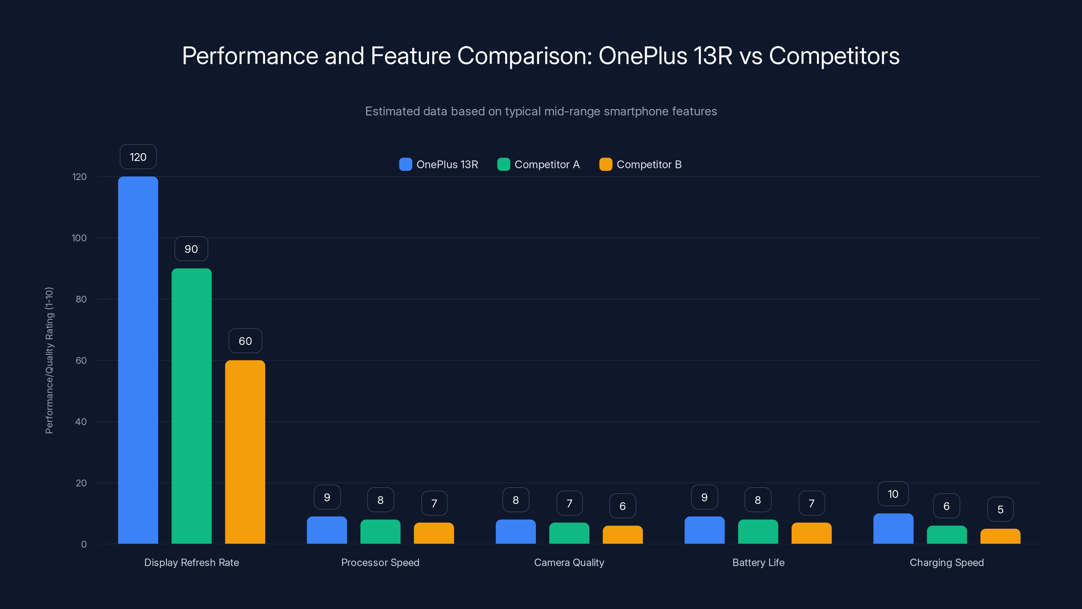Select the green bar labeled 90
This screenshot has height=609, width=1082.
point(191,406)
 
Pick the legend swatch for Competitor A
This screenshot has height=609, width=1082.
point(503,164)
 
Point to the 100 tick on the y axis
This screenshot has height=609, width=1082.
point(79,238)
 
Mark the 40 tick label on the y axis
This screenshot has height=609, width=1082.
point(81,422)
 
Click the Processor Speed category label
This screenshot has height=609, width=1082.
point(380,562)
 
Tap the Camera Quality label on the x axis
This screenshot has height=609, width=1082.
point(569,562)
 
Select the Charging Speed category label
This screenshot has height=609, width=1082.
point(946,562)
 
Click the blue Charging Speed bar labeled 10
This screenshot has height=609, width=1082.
point(893,529)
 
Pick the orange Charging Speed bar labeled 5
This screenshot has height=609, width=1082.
point(1000,537)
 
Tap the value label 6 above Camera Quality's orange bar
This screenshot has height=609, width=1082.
point(622,506)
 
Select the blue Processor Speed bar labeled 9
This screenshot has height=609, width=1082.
point(327,531)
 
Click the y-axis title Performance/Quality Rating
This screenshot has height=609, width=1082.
point(49,360)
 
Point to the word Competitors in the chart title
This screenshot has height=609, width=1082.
point(834,55)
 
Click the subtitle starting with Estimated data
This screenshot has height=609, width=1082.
point(541,111)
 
